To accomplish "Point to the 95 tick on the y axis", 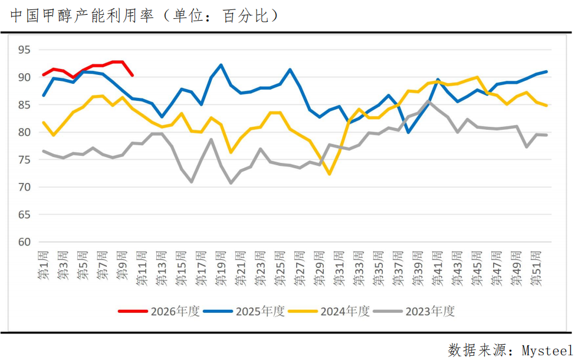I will point(24,50).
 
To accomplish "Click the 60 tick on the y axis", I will point(24,242).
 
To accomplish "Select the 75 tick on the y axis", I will point(24,159).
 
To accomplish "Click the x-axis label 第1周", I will point(44,266).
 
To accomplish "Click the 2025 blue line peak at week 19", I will point(221,65).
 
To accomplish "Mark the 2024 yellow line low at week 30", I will point(329,174).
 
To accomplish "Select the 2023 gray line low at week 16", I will point(192,182).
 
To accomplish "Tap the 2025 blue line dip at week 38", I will point(408,132).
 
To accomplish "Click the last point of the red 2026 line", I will point(132,76).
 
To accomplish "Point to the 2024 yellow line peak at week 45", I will point(477,77).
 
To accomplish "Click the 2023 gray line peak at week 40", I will point(428,101).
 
